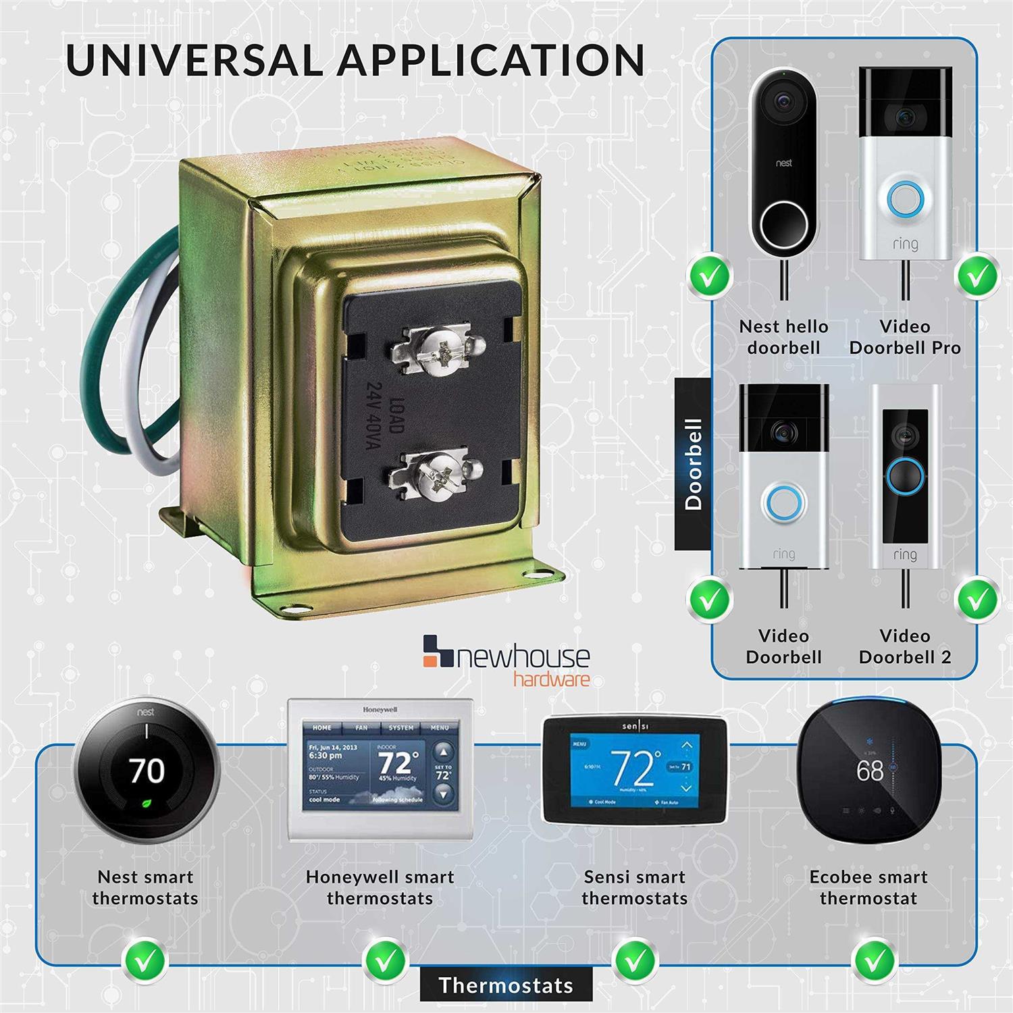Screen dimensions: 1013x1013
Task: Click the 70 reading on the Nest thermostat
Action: pyautogui.click(x=147, y=771)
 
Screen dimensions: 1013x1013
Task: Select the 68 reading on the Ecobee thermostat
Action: pyautogui.click(x=869, y=771)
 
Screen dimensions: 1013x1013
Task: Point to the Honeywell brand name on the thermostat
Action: pyautogui.click(x=380, y=710)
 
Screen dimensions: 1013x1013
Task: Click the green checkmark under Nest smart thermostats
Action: pyautogui.click(x=146, y=958)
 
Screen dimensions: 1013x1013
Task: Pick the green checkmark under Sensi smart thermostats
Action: pyautogui.click(x=635, y=958)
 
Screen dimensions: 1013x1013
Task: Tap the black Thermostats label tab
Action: pyautogui.click(x=506, y=985)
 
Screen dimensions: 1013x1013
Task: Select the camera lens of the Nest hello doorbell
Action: pyautogui.click(x=784, y=101)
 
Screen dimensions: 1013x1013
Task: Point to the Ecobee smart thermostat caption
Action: pyautogui.click(x=868, y=887)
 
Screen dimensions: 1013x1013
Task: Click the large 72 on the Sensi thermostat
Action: pyautogui.click(x=633, y=767)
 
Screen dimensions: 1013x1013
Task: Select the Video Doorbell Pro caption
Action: pyautogui.click(x=905, y=337)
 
